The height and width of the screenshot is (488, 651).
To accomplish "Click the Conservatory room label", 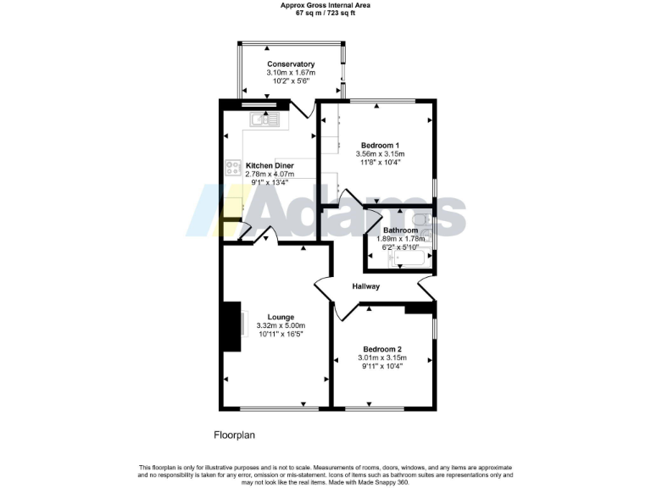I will [x=291, y=64].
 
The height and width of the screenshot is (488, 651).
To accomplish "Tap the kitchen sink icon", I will [x=264, y=120].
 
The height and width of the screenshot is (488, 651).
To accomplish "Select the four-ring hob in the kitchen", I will [x=232, y=169].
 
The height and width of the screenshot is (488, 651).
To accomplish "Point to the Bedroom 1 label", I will [x=381, y=145].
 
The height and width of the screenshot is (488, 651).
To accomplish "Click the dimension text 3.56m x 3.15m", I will [x=381, y=154].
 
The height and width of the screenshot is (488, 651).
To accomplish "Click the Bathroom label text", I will [x=400, y=230].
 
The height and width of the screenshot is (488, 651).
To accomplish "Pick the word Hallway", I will [x=366, y=286].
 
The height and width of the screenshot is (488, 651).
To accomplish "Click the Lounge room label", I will [x=281, y=316].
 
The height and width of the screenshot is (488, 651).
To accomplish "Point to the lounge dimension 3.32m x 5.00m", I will [x=281, y=325].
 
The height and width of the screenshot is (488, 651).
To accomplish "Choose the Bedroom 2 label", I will [x=382, y=349].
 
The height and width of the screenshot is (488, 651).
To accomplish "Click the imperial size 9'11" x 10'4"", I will [x=382, y=367].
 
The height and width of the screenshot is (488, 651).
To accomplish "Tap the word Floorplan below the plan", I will [x=234, y=435].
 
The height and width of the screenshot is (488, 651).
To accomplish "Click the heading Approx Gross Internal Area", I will [x=325, y=5].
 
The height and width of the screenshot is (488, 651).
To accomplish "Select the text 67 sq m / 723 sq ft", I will [x=325, y=14].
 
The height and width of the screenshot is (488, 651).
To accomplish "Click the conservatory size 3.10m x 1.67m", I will [x=291, y=73].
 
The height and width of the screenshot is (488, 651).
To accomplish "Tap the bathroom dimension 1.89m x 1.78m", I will [x=400, y=239].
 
